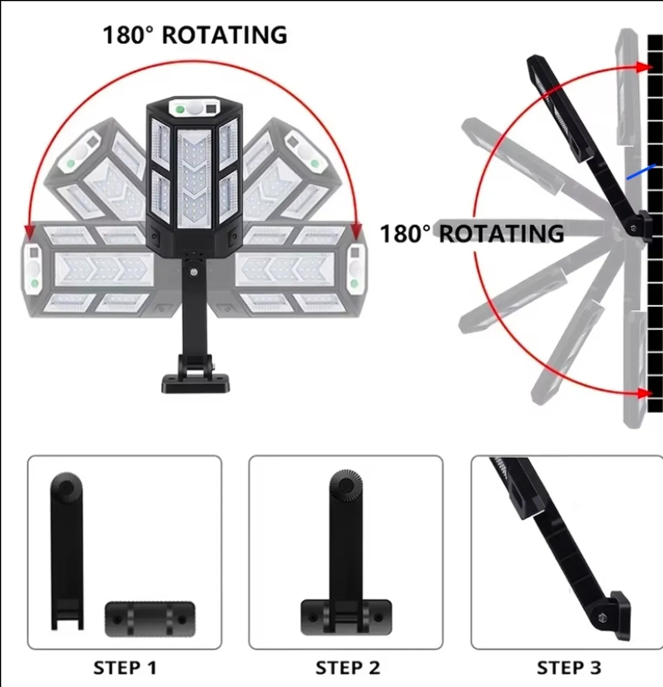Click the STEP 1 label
125,668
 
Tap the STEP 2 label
348,668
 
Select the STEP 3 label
569,668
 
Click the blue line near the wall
641,172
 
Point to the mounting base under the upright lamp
196,383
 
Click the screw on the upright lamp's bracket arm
193,272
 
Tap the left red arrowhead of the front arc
30,232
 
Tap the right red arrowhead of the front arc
356,231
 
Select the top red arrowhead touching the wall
644,67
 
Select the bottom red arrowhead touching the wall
645,393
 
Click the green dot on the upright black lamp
180,110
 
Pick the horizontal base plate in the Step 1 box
150,619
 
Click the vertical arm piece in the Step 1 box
67,551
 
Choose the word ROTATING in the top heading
225,35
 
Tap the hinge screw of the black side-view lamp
634,228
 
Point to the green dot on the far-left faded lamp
34,283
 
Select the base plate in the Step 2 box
346,617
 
